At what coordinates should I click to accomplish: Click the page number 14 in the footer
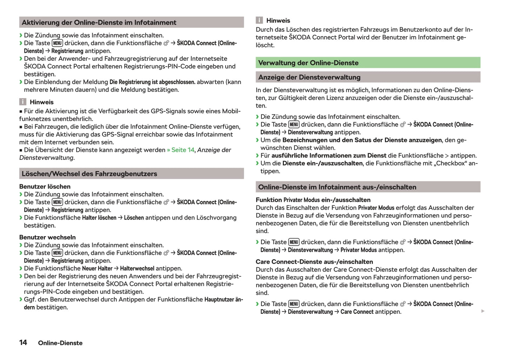(x=23, y=342)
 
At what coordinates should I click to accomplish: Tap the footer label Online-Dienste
(x=60, y=343)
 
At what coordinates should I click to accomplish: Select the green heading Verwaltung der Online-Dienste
(x=308, y=63)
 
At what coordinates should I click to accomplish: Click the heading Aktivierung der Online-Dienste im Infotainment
(x=99, y=22)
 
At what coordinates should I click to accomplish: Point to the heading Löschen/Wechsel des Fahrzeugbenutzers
(x=89, y=174)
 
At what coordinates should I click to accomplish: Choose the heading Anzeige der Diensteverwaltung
(x=309, y=77)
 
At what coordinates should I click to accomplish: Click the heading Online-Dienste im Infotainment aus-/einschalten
(x=337, y=187)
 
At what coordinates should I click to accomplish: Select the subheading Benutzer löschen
(x=45, y=186)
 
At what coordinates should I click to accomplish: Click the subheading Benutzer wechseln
(x=47, y=237)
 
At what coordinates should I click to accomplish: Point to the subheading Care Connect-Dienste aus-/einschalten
(x=314, y=262)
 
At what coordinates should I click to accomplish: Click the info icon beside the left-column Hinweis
(x=23, y=102)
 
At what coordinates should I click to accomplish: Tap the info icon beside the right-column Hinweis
(x=259, y=20)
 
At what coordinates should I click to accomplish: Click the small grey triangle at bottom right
(x=483, y=311)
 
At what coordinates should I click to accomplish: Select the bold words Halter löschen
(x=99, y=218)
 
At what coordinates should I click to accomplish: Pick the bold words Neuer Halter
(x=97, y=268)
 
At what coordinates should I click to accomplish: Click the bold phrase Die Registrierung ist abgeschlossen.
(x=152, y=82)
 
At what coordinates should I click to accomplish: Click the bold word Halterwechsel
(x=137, y=268)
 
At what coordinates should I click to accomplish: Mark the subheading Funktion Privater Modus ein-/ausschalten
(x=313, y=200)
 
